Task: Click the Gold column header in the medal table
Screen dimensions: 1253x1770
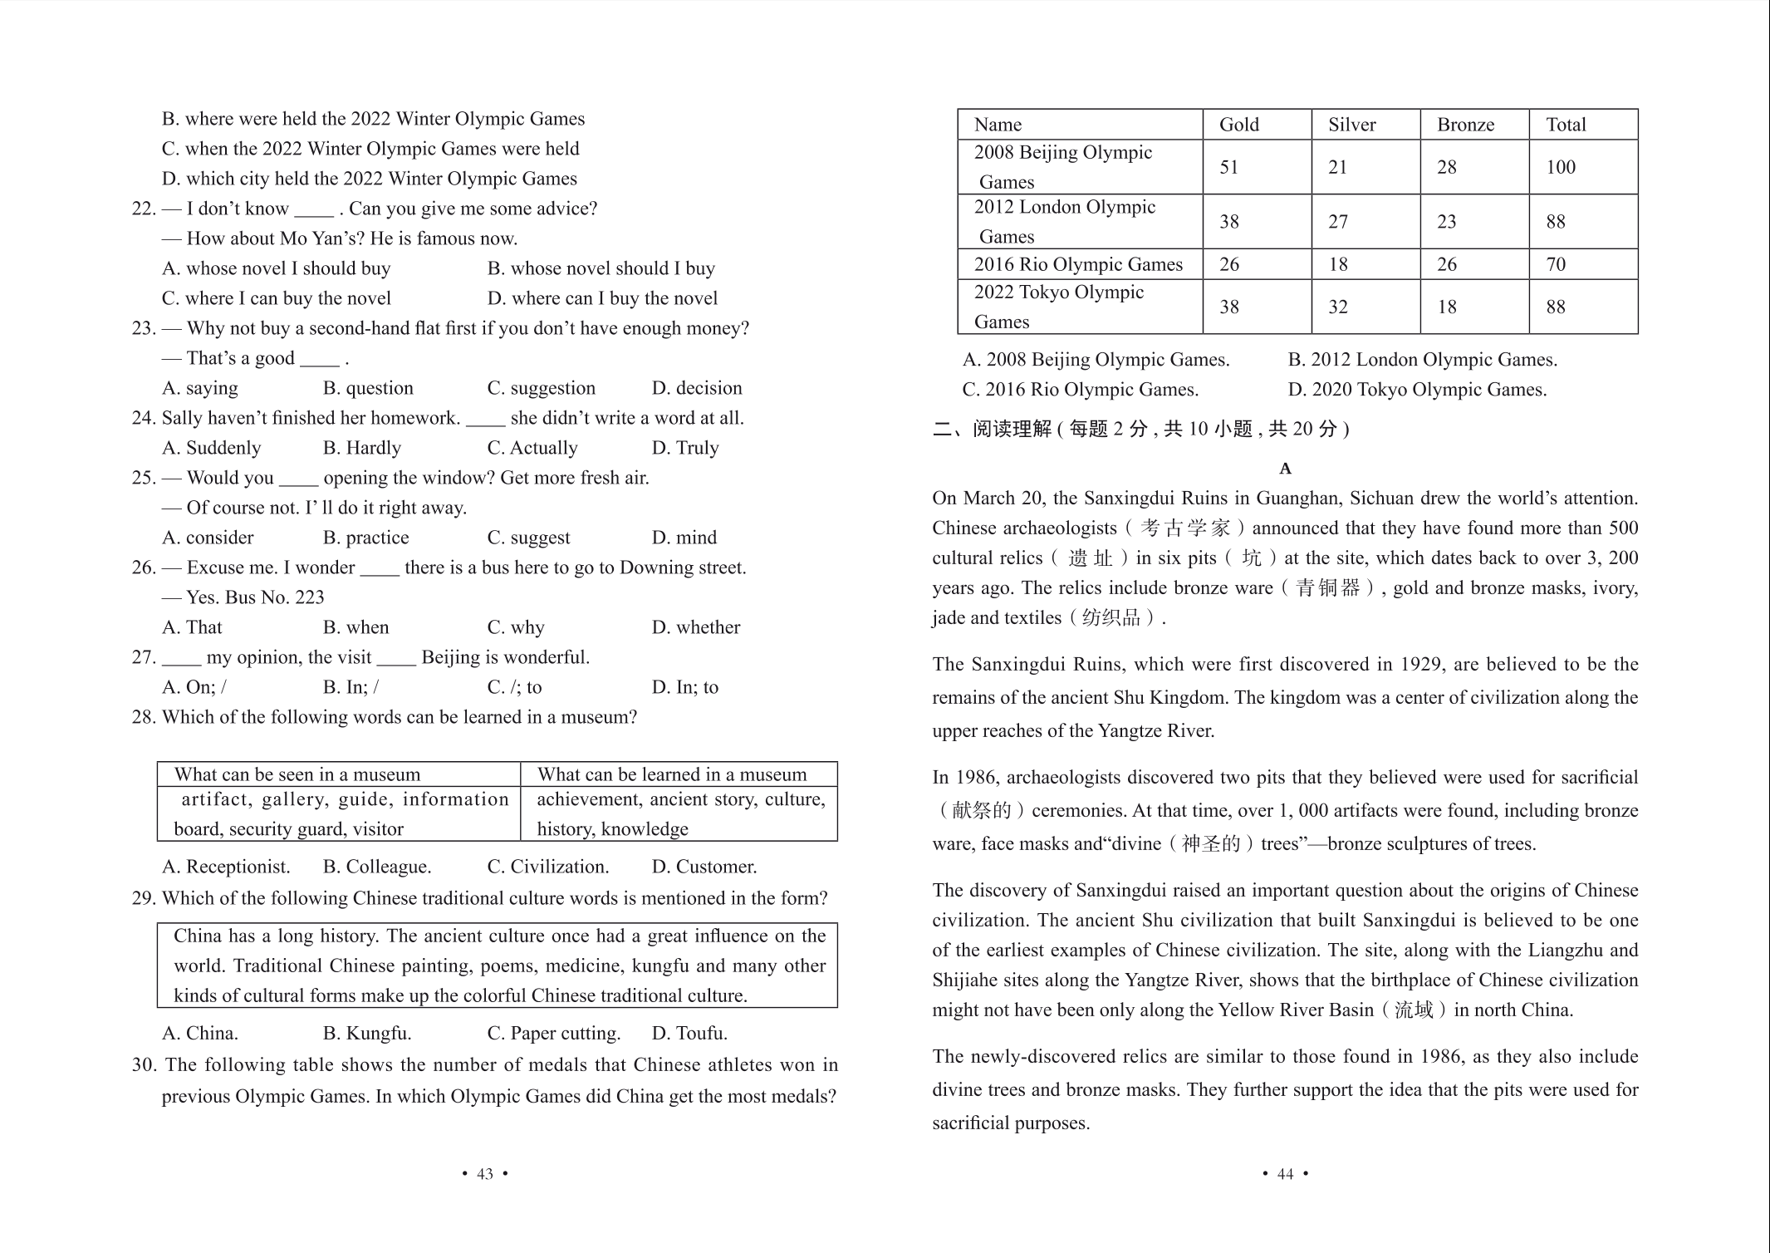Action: tap(1238, 125)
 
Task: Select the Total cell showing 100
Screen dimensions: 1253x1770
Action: tap(1560, 167)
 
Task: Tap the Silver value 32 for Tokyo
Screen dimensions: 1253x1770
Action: tap(1337, 307)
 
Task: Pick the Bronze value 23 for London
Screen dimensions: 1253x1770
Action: tap(1446, 222)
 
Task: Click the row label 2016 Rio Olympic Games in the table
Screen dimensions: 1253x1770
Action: tap(1077, 264)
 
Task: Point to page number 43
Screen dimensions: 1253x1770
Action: tap(484, 1173)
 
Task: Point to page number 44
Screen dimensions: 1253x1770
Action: tap(1284, 1173)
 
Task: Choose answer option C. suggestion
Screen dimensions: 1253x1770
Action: tap(541, 388)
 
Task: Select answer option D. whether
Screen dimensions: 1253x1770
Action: tap(695, 627)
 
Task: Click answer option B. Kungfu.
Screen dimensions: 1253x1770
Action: tap(366, 1033)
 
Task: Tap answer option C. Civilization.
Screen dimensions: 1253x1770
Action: tap(547, 867)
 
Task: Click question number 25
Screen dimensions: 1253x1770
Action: tap(143, 478)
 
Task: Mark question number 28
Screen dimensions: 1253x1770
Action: tap(143, 717)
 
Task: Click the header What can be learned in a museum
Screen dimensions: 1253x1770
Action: tap(671, 774)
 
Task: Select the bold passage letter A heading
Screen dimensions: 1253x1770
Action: tap(1285, 469)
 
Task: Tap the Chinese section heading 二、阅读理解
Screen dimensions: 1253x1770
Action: tap(992, 429)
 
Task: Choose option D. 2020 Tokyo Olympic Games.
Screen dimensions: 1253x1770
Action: tap(1417, 390)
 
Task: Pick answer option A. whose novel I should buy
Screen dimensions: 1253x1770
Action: tap(276, 268)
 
